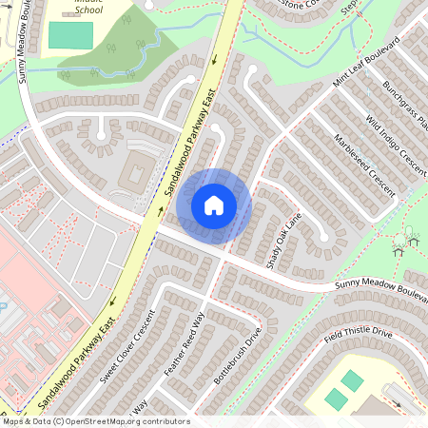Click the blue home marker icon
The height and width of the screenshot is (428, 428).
click(x=214, y=204)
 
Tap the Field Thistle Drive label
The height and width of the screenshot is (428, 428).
click(x=357, y=334)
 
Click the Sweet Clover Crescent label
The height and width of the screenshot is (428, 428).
click(x=126, y=347)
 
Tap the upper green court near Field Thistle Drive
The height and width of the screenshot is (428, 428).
click(x=352, y=380)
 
